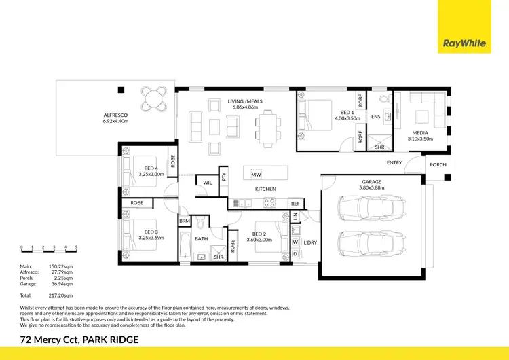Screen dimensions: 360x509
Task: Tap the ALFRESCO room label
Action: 115,115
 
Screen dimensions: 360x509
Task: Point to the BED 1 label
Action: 346,112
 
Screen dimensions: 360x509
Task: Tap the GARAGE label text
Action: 371,182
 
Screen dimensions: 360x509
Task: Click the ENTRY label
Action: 394,163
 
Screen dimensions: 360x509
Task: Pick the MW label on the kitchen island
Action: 255,175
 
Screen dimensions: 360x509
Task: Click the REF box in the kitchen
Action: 295,203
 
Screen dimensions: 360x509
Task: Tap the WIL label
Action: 206,182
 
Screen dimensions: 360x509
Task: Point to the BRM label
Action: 184,221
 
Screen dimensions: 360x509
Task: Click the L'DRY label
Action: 310,242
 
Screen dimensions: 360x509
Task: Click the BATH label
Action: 201,239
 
